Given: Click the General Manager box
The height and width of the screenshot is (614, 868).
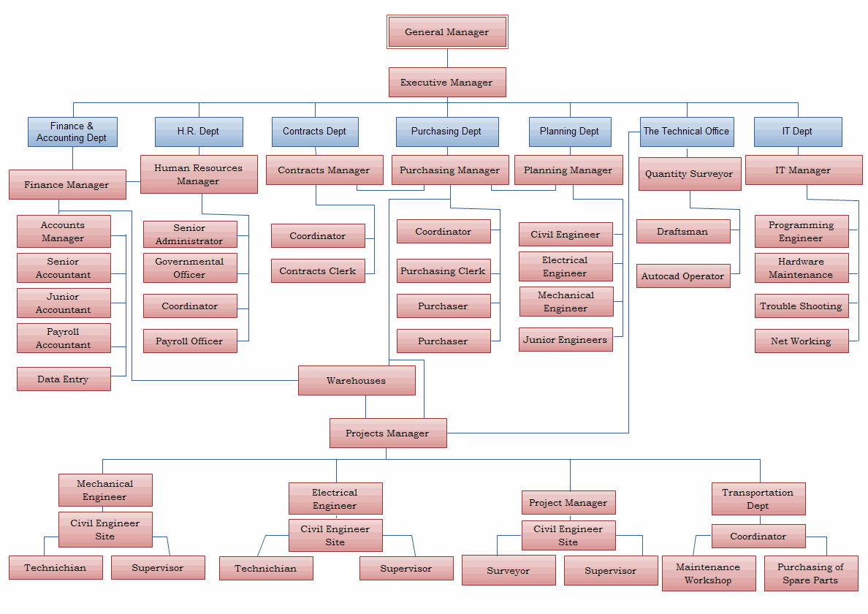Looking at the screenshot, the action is tap(447, 32).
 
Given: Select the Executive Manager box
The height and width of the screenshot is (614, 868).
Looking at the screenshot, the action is tap(447, 83).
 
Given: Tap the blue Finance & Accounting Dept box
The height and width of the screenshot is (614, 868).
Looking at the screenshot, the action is tap(72, 132).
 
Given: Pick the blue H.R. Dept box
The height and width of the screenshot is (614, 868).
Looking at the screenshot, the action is tap(199, 132).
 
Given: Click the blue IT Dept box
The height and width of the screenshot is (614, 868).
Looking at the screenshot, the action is tap(798, 132).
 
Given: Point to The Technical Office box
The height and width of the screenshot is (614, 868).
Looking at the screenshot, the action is tap(687, 132).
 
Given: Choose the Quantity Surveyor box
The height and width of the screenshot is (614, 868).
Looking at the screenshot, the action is tap(690, 174).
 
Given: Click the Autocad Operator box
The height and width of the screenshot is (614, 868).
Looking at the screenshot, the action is tap(683, 276).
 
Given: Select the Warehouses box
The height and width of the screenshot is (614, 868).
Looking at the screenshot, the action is tap(357, 380).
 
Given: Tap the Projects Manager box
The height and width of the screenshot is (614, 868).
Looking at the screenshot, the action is tap(388, 433).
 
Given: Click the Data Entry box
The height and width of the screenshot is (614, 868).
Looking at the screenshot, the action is tap(64, 379).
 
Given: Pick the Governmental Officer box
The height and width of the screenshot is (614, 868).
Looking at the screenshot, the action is tap(190, 268).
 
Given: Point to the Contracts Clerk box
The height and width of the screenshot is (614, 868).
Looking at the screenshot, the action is tap(318, 270).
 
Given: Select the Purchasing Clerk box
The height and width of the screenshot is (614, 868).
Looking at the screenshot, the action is tap(443, 270).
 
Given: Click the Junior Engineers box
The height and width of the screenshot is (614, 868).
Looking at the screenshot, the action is tap(566, 339).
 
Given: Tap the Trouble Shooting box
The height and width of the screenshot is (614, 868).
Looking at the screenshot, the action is tap(802, 306).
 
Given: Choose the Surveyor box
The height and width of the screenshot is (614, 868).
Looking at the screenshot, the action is tap(509, 570).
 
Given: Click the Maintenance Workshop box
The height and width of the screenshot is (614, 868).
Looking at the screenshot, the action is tap(709, 574).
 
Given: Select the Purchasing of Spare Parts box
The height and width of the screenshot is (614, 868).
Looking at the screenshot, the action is tap(811, 574).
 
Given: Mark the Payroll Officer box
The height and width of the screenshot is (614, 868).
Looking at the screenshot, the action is tap(190, 341).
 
